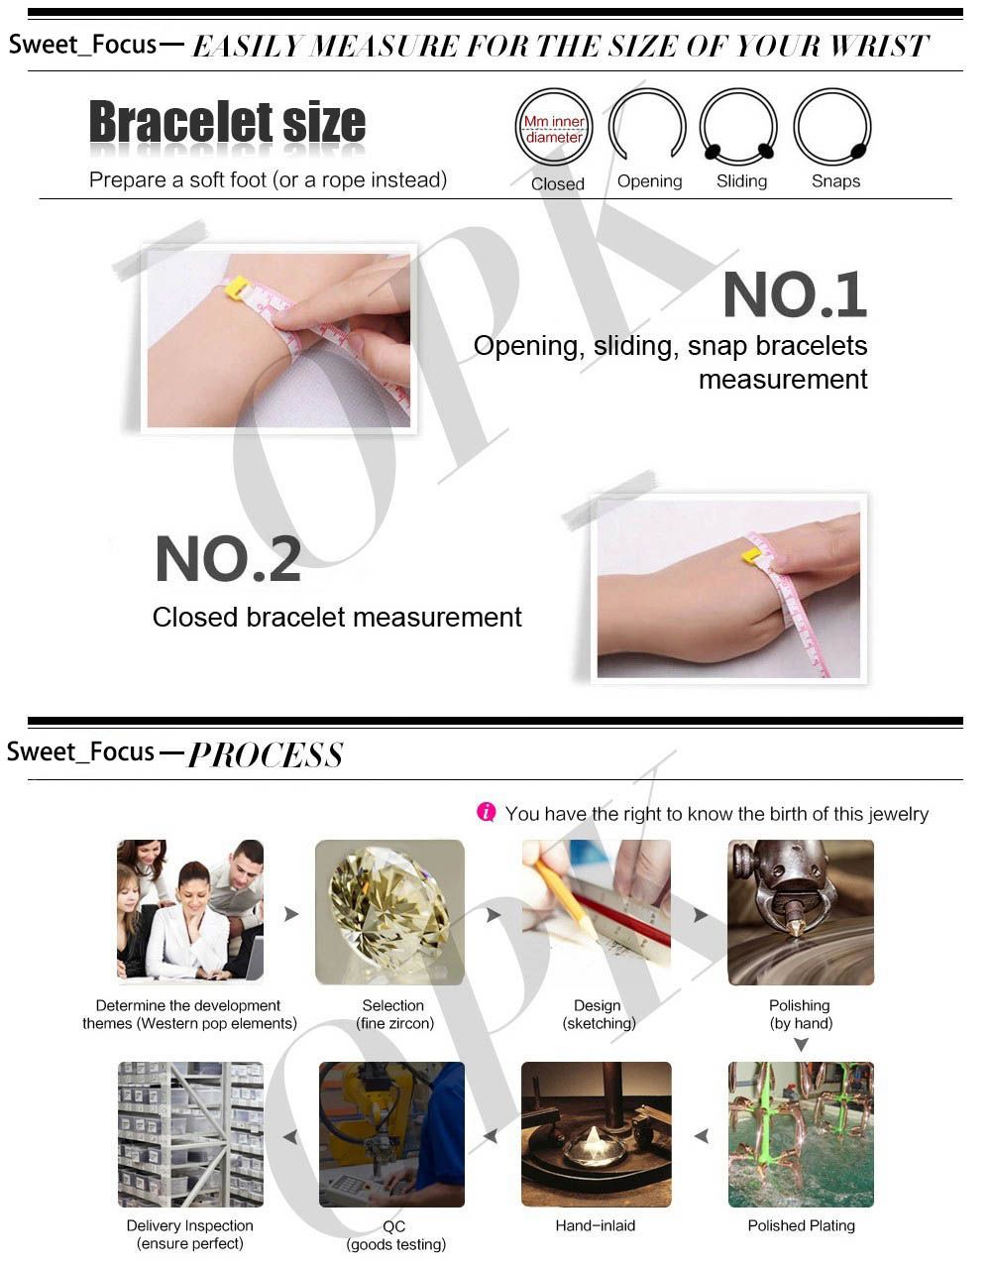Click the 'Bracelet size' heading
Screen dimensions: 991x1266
click(227, 121)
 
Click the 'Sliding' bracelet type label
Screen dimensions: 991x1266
click(741, 181)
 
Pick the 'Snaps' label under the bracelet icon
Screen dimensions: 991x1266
click(835, 181)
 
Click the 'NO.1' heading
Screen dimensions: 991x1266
click(795, 294)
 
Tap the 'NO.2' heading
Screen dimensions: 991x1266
click(228, 559)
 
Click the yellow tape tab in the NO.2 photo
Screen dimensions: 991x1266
click(750, 555)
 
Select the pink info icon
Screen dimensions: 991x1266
click(486, 812)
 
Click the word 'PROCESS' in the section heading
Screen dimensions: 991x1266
click(266, 755)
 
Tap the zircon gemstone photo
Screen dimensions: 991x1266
click(389, 912)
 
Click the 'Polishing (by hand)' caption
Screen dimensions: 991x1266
click(800, 1014)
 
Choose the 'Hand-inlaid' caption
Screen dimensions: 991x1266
click(595, 1225)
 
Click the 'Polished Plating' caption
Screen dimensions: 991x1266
click(801, 1225)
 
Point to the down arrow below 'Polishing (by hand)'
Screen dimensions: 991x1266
click(801, 1045)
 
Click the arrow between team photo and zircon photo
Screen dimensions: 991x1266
click(291, 913)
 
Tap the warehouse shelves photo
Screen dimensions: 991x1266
click(190, 1134)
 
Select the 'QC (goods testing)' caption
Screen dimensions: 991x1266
click(396, 1235)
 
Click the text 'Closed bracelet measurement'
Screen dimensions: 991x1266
click(337, 617)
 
